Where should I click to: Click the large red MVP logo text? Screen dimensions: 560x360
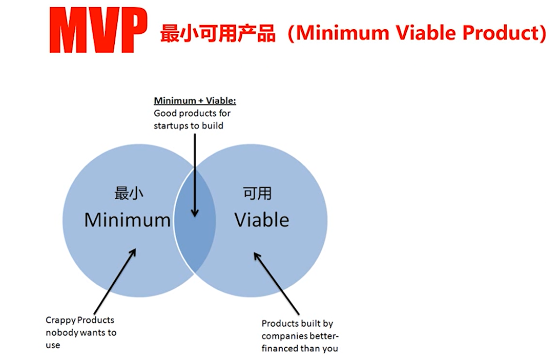click(98, 30)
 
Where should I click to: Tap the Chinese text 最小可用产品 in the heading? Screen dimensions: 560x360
click(218, 33)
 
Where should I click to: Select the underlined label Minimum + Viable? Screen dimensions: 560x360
click(195, 101)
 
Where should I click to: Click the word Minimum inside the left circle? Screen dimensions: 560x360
click(128, 220)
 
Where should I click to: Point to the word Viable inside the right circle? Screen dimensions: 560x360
click(262, 220)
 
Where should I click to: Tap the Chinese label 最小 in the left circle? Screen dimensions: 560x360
click(129, 193)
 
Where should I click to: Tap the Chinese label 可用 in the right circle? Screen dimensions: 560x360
click(257, 193)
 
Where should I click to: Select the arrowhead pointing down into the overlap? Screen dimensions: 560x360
click(195, 212)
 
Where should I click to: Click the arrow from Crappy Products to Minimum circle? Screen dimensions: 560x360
click(115, 281)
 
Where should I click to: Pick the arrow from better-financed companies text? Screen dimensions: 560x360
click(276, 283)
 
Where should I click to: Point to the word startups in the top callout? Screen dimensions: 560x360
click(171, 126)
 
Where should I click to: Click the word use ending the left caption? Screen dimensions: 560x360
click(53, 345)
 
